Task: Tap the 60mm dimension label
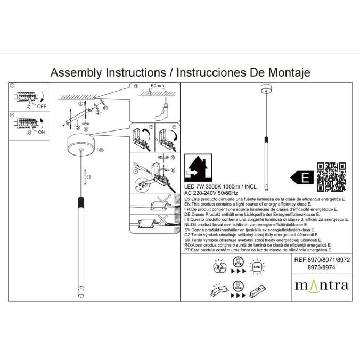pyautogui.click(x=157, y=85)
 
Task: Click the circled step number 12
pyautogui.click(x=101, y=150)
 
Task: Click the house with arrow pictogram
pyautogui.click(x=198, y=168)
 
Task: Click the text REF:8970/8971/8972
pyautogui.click(x=322, y=260)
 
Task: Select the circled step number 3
pyautogui.click(x=136, y=86)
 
